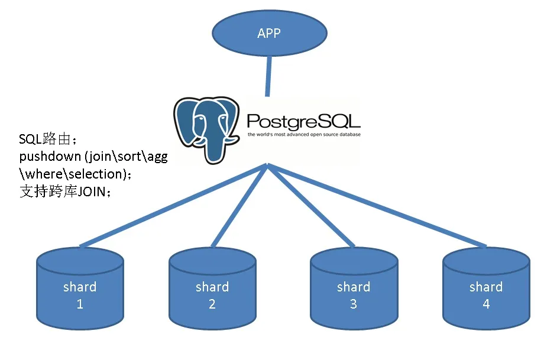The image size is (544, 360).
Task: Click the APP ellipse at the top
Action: click(x=270, y=33)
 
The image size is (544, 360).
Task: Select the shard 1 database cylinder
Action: click(x=80, y=288)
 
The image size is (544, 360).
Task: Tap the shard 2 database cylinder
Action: click(x=212, y=288)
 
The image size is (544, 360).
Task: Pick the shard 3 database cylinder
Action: click(x=354, y=288)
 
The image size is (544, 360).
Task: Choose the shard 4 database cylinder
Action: click(x=487, y=288)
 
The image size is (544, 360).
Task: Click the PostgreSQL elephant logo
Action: click(x=207, y=130)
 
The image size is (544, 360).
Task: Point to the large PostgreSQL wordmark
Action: click(x=303, y=121)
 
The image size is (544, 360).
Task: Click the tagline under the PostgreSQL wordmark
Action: click(x=304, y=135)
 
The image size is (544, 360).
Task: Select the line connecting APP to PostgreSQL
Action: click(x=268, y=76)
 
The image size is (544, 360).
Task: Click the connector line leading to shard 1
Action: click(x=173, y=205)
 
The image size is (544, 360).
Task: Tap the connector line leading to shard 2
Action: click(x=239, y=205)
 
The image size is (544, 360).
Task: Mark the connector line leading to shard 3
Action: click(x=311, y=205)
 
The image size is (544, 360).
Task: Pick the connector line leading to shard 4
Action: click(x=377, y=205)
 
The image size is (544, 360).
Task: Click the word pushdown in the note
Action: click(x=50, y=157)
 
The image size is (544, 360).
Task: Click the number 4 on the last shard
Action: click(x=487, y=304)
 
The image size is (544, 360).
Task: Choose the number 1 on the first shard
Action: click(x=80, y=304)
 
